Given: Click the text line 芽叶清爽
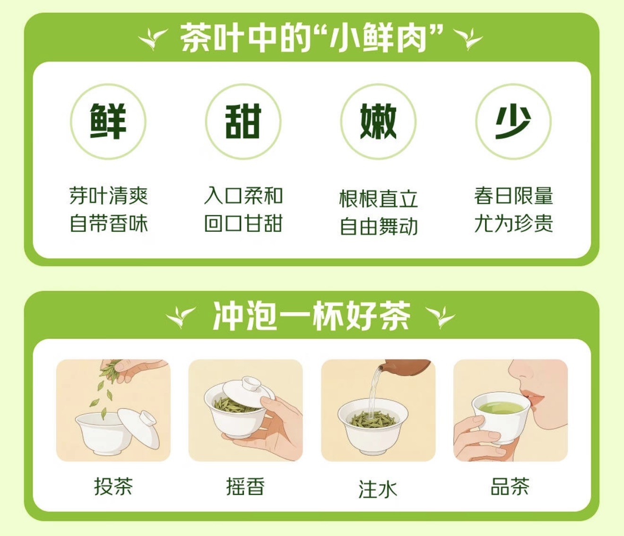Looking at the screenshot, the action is (109, 196).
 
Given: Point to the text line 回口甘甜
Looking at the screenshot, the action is (243, 224).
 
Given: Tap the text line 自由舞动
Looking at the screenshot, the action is (379, 226).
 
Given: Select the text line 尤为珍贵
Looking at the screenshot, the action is (513, 224).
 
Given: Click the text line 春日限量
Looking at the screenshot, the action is (513, 196).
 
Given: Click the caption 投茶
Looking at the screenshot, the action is (113, 486).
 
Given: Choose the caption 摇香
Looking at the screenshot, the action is (245, 486).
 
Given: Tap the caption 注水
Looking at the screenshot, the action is (378, 489).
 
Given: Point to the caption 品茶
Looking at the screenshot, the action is (510, 486).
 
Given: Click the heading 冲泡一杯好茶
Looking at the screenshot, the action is (312, 316).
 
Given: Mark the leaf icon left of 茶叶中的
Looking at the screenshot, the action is (153, 39).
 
